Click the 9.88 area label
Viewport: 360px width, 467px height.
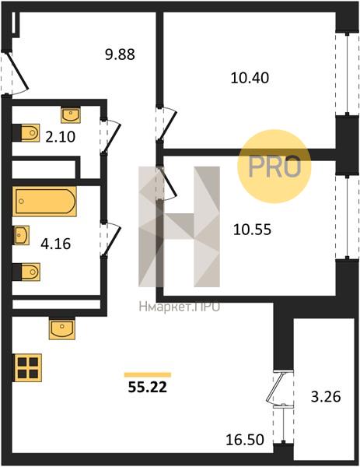tap(121, 54)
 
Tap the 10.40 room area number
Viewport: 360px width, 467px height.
tap(250, 78)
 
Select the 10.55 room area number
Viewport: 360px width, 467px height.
tap(252, 230)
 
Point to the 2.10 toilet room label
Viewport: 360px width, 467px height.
tap(61, 137)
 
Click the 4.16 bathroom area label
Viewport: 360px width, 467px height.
tap(56, 244)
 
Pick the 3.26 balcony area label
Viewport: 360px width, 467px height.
tap(326, 397)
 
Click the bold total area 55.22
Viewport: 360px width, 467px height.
tap(148, 387)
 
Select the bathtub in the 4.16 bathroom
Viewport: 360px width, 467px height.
tap(44, 202)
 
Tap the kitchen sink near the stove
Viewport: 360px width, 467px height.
tap(62, 328)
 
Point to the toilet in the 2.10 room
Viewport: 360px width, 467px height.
tap(26, 132)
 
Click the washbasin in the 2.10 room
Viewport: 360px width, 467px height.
tap(71, 115)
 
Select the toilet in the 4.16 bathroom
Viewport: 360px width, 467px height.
tap(26, 272)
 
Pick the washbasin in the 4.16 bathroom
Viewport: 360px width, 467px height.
tap(21, 235)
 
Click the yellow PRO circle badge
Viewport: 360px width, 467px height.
tap(274, 167)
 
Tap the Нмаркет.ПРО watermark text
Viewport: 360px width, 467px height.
tap(180, 307)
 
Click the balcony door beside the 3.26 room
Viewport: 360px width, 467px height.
tap(279, 388)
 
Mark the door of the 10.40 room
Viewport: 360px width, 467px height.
tap(166, 124)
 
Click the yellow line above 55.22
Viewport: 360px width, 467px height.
tap(148, 374)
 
